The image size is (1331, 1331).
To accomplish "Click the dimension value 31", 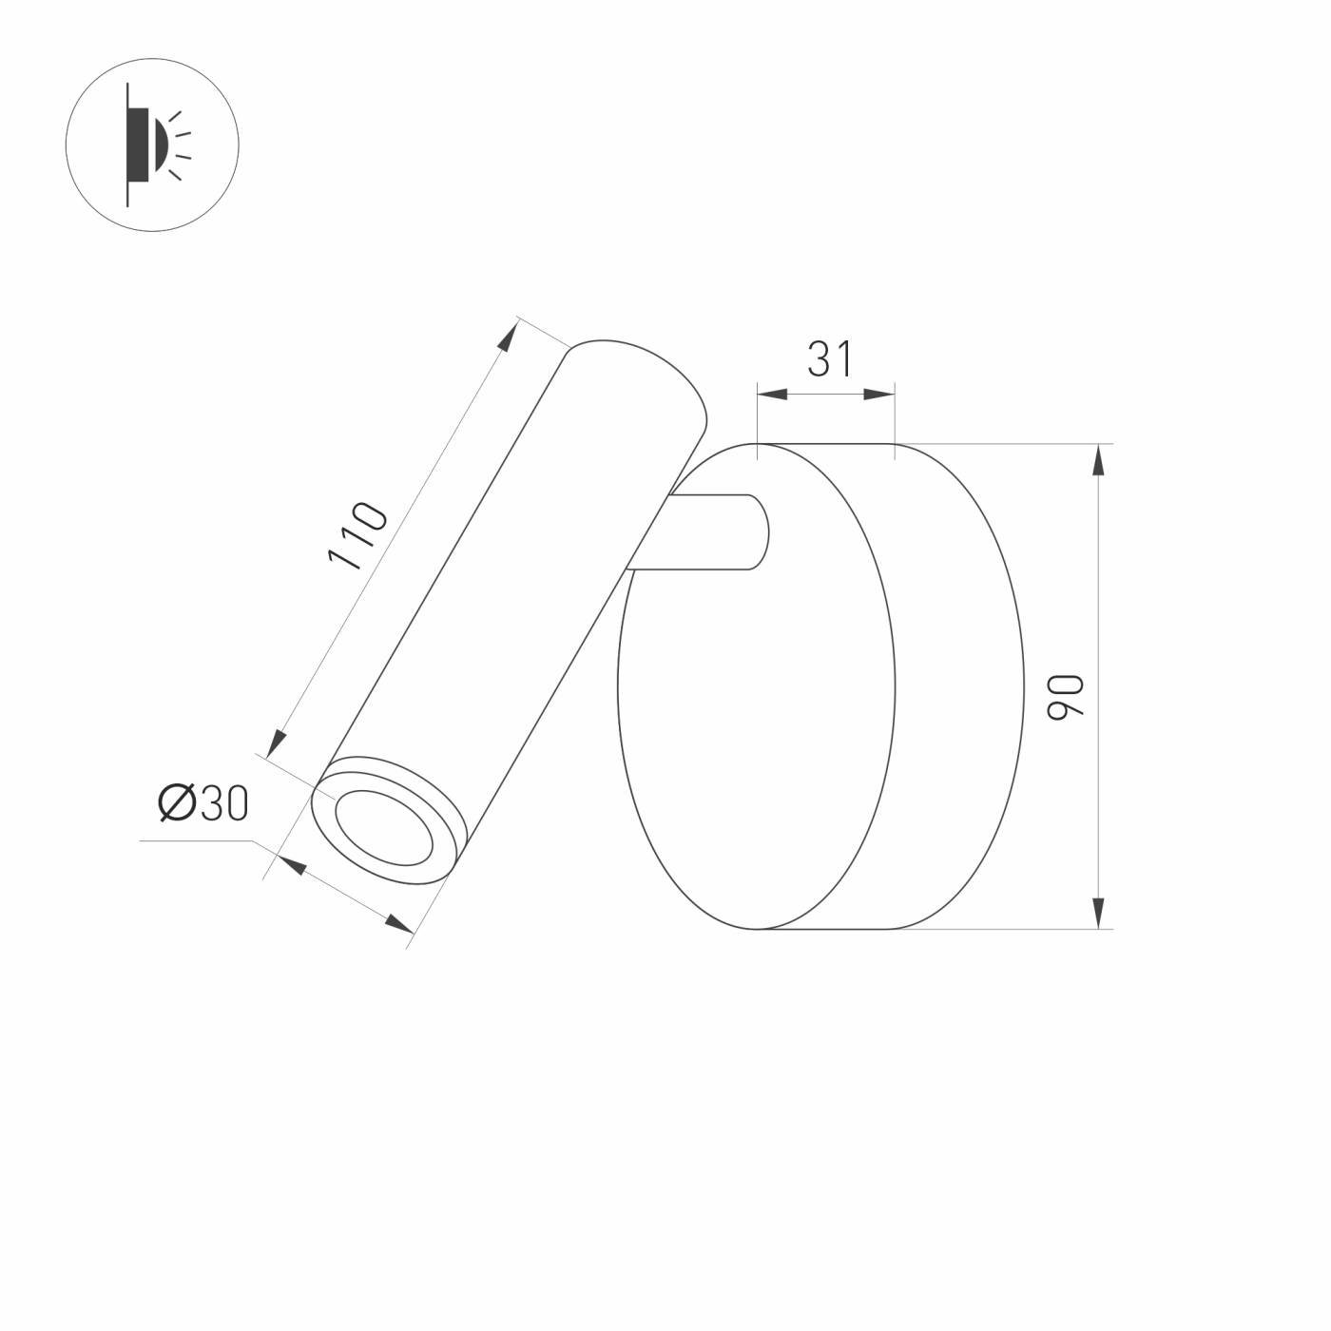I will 829,359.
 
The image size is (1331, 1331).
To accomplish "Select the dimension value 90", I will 1065,696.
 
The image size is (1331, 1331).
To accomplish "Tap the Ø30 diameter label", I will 203,804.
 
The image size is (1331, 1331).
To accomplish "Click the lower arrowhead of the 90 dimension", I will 1099,911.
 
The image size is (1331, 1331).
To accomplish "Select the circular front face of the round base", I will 756,686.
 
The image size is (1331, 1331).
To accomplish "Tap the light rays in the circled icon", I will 179,145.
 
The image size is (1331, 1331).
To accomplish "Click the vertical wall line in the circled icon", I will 127,145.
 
